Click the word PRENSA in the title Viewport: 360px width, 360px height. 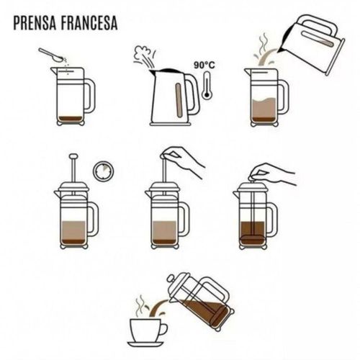[35, 23]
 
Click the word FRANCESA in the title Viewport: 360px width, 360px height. [89, 23]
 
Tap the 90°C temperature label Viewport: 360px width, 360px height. [204, 65]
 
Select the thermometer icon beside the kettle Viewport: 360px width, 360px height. [207, 85]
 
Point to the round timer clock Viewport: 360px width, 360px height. [103, 171]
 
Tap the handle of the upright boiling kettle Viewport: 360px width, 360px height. [194, 95]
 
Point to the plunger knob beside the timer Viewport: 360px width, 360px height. [73, 156]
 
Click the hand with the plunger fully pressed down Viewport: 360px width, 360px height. [271, 174]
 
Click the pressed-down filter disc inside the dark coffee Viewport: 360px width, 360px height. [253, 239]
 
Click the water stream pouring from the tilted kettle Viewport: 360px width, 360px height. [268, 57]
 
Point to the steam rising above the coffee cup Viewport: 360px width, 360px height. [140, 305]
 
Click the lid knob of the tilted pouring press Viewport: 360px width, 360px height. [171, 279]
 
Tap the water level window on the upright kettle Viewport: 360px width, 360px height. [179, 100]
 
